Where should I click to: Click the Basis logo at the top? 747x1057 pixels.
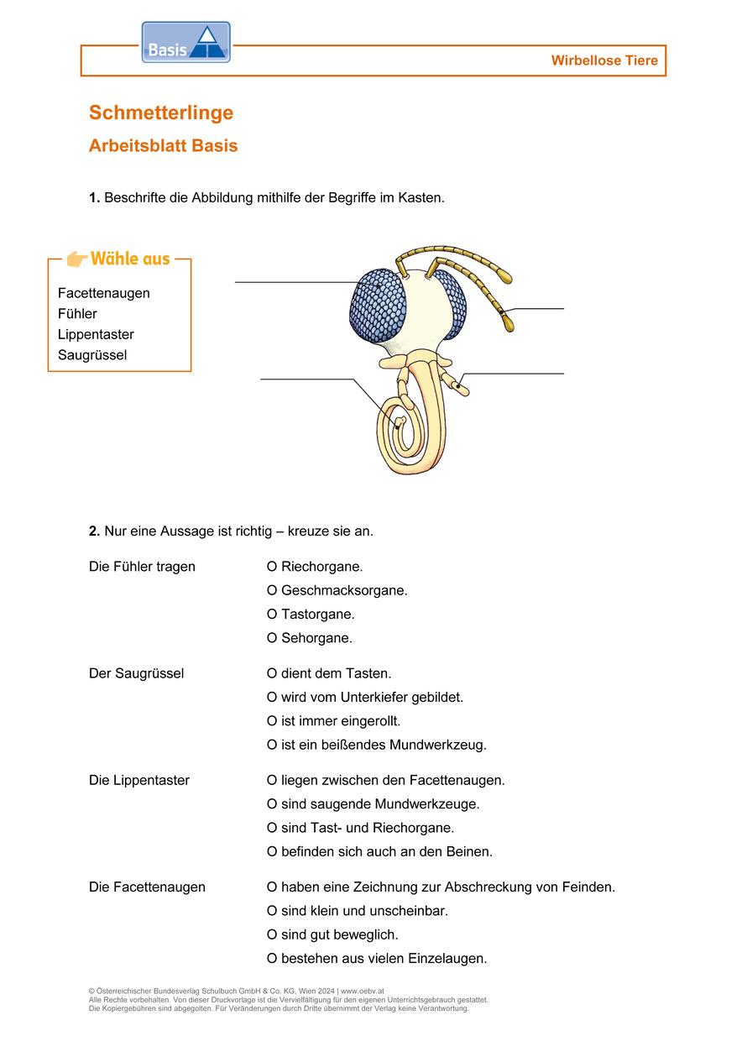click(185, 43)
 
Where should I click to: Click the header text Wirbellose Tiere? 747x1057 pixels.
click(604, 60)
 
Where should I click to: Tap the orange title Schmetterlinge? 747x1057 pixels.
click(161, 113)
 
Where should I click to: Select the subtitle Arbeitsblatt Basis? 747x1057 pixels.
click(163, 146)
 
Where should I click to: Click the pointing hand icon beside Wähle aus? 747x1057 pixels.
click(77, 259)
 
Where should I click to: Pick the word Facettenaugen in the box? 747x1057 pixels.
click(104, 293)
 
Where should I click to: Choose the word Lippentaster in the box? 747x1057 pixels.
click(96, 334)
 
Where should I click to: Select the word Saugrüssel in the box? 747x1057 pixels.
click(92, 355)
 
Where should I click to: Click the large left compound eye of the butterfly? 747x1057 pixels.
click(378, 306)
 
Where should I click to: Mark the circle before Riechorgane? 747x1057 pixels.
click(272, 567)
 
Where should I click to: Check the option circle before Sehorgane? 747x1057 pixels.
click(272, 638)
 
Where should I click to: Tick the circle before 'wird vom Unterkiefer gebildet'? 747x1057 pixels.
click(272, 698)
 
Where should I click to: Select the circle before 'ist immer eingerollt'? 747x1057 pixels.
click(272, 721)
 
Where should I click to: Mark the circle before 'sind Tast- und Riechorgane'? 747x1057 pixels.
click(272, 828)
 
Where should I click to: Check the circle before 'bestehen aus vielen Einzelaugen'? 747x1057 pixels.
click(272, 959)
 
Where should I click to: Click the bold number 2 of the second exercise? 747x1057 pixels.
click(94, 531)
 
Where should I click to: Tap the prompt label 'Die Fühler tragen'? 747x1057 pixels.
click(142, 567)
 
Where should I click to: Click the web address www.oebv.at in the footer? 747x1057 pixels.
click(363, 992)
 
